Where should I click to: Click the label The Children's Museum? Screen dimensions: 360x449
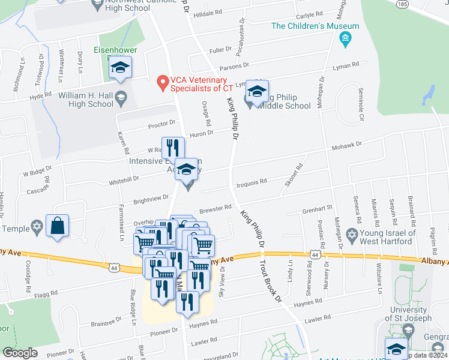[x=315, y=26]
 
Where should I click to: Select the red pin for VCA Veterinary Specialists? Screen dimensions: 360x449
[x=161, y=83]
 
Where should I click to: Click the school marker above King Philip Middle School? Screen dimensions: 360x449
[x=257, y=92]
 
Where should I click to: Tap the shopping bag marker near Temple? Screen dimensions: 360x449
[x=57, y=226]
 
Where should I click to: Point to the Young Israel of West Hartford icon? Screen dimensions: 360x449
[x=352, y=233]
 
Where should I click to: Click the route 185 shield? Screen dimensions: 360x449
[x=402, y=3]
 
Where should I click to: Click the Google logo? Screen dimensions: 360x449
[x=20, y=353]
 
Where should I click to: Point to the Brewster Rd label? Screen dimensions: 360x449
[x=219, y=208]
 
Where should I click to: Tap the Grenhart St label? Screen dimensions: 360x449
[x=318, y=208]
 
